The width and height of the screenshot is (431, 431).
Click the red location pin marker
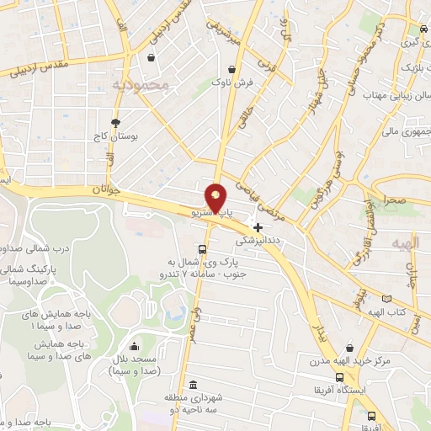click(215, 199)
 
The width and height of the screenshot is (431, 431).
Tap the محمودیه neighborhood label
click(141, 85)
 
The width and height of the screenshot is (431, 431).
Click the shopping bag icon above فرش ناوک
click(231, 70)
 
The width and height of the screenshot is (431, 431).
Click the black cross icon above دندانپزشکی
click(258, 226)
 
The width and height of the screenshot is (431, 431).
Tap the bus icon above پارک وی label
click(201, 249)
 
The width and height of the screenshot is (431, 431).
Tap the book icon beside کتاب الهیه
click(386, 299)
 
